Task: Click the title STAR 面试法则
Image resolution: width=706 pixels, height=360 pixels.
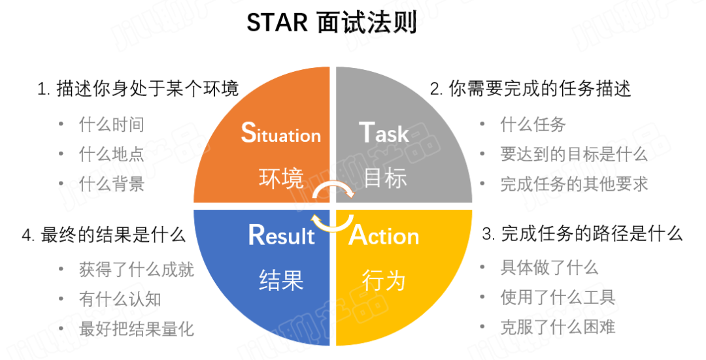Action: tap(331, 22)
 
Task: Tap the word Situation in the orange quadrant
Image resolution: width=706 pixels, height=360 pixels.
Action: tap(281, 133)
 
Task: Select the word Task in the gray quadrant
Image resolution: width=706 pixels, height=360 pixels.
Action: tap(384, 133)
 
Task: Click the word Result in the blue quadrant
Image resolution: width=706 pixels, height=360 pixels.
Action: tap(281, 235)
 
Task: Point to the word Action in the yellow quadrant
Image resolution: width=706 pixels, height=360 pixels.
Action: tap(384, 235)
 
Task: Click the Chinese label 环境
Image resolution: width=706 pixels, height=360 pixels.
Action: tap(281, 178)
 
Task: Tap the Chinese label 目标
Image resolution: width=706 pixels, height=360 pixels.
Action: tap(385, 178)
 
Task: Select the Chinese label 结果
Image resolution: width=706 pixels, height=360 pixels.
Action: tap(281, 280)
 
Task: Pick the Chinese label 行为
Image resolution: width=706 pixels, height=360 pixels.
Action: tap(384, 280)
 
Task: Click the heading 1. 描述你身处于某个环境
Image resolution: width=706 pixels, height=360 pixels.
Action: tap(138, 89)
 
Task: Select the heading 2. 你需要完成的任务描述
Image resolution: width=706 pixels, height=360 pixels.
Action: tap(530, 89)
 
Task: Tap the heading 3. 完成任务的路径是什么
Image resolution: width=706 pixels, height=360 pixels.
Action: tap(582, 234)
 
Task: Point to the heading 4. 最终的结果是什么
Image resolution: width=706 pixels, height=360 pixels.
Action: tap(104, 235)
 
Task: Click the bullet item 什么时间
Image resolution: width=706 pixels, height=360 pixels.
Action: tap(112, 125)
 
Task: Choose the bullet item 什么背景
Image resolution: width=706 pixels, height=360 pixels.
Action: tap(112, 184)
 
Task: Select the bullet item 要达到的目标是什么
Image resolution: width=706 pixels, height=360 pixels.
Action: tap(574, 154)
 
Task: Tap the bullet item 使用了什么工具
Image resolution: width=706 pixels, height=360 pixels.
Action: tap(558, 297)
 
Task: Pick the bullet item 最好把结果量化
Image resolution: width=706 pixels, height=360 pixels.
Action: tap(137, 329)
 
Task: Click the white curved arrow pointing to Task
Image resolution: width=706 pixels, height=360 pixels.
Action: tap(333, 184)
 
